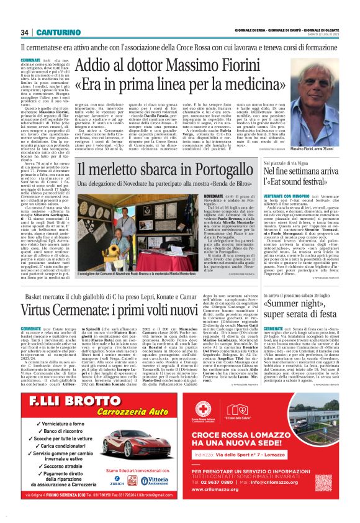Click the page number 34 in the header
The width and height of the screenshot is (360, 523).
pos(25,32)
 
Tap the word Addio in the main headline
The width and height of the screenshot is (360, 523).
pos(97,65)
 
